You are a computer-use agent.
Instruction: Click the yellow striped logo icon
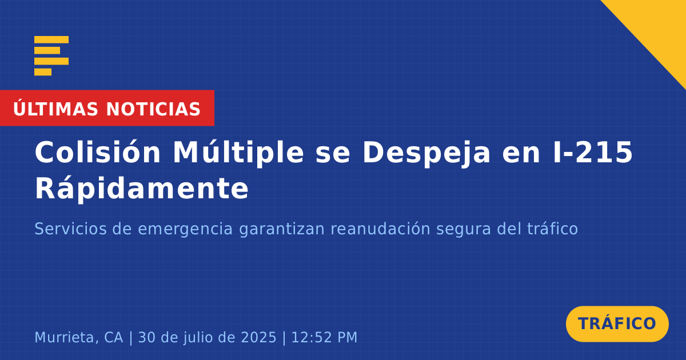[x=51, y=56]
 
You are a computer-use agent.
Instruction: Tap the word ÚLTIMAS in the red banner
[x=55, y=109]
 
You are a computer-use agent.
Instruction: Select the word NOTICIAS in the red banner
[x=153, y=109]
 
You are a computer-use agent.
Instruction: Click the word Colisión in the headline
[x=98, y=152]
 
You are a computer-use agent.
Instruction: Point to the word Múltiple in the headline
[x=238, y=153]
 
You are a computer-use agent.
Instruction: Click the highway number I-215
[x=593, y=152]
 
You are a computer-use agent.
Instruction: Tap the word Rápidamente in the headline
[x=142, y=189]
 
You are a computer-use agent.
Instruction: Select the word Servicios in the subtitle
[x=70, y=229]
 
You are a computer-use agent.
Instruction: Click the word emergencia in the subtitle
[x=185, y=230]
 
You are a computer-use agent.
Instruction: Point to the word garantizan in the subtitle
[x=282, y=230]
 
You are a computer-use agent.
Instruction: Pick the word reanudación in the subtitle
[x=380, y=229]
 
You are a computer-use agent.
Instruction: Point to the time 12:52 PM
[x=324, y=338]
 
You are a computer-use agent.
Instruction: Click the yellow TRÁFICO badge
[x=617, y=324]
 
